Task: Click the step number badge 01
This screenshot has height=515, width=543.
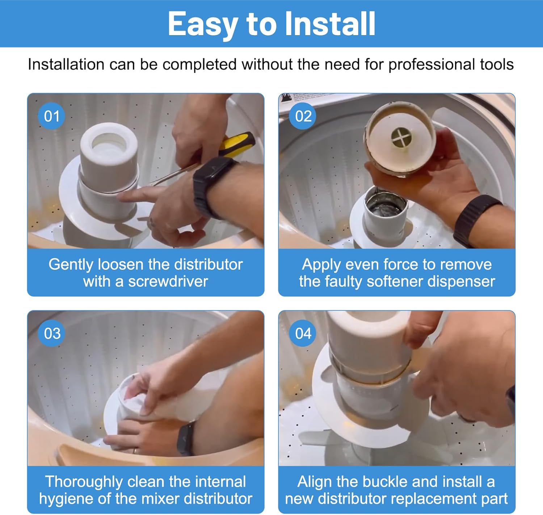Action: pos(51,116)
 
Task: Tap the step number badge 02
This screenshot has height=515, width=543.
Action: pos(303,116)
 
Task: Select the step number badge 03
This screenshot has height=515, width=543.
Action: pos(52,333)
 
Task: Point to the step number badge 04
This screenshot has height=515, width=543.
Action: pos(303,333)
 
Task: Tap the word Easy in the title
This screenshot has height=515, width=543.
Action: pos(203,24)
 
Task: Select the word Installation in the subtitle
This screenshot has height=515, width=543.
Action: pos(66,64)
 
